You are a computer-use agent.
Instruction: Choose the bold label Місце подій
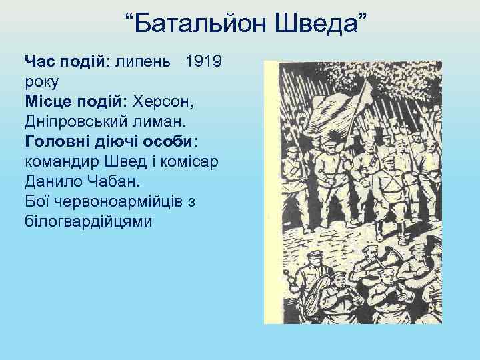click(x=74, y=102)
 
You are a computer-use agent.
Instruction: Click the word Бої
click(x=37, y=201)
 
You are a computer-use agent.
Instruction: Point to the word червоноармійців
click(x=119, y=201)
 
